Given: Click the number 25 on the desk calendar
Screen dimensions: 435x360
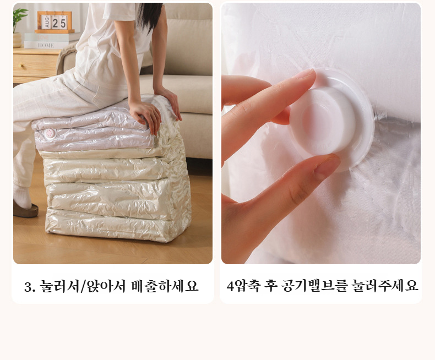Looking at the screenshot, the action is [59, 23].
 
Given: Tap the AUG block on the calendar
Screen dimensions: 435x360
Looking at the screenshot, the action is [46, 22].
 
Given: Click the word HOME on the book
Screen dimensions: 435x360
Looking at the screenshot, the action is [46, 45].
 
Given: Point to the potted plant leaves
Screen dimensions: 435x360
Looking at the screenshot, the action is [20, 16].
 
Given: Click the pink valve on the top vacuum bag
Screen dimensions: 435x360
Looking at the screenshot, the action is [50, 134].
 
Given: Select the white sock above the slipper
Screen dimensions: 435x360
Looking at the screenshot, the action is [21, 196].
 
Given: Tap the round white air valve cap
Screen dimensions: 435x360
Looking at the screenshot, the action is [331, 120].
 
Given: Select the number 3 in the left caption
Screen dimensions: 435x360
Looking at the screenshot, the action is [28, 287].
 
